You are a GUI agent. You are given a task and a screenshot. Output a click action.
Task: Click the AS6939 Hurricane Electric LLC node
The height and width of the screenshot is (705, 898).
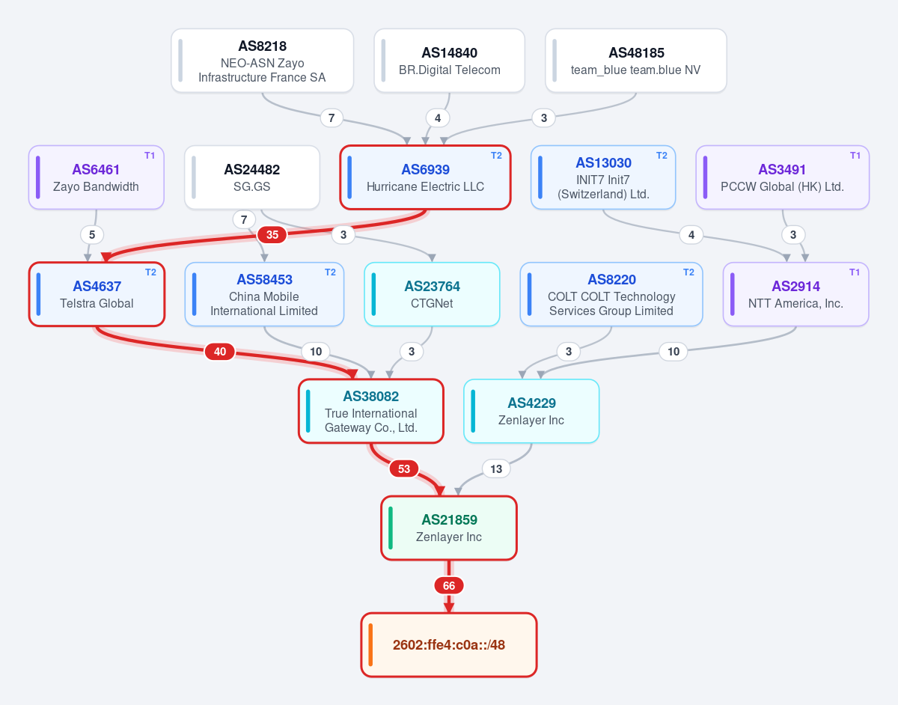point(425,177)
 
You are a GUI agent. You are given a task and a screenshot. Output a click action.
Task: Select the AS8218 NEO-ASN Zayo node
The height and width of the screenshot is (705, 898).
point(263,61)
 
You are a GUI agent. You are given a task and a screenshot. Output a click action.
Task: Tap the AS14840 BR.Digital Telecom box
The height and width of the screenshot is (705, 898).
point(449,61)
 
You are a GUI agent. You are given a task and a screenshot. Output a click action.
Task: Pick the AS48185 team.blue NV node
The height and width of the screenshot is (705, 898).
point(636,61)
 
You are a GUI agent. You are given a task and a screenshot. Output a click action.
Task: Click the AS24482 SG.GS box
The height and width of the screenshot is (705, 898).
point(252,177)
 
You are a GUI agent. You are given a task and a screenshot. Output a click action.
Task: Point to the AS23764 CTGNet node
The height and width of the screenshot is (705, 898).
point(432,294)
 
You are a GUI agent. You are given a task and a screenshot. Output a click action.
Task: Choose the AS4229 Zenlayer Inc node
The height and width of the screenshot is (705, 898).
point(531,411)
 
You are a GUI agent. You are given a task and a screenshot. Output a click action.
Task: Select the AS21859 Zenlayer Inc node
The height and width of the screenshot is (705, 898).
point(449,528)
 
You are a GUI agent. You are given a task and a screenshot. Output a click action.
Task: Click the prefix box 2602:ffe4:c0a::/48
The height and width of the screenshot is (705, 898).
point(449,644)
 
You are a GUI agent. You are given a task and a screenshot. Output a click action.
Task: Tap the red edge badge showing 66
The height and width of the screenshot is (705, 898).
point(449,585)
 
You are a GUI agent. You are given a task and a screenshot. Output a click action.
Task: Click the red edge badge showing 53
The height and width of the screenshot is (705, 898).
point(404,469)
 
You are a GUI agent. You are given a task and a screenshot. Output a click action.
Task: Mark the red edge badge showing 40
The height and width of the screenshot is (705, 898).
point(220,352)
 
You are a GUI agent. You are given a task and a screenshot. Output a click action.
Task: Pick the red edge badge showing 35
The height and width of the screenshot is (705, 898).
point(272,235)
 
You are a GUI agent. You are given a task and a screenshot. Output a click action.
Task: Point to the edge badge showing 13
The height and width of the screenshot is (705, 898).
point(496,469)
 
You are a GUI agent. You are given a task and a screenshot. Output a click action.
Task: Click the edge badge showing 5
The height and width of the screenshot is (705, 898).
point(92,235)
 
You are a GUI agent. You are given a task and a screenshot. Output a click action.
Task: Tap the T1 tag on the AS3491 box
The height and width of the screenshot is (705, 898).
point(855,156)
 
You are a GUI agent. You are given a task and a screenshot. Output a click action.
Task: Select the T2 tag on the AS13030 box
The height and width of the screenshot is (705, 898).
point(662,156)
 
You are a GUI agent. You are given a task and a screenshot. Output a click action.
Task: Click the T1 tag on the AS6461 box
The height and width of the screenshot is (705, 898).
point(150,156)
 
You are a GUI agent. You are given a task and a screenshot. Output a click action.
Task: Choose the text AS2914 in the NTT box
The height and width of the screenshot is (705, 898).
point(795,286)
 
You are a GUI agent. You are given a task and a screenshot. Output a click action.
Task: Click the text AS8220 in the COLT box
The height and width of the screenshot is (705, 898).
point(611,279)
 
